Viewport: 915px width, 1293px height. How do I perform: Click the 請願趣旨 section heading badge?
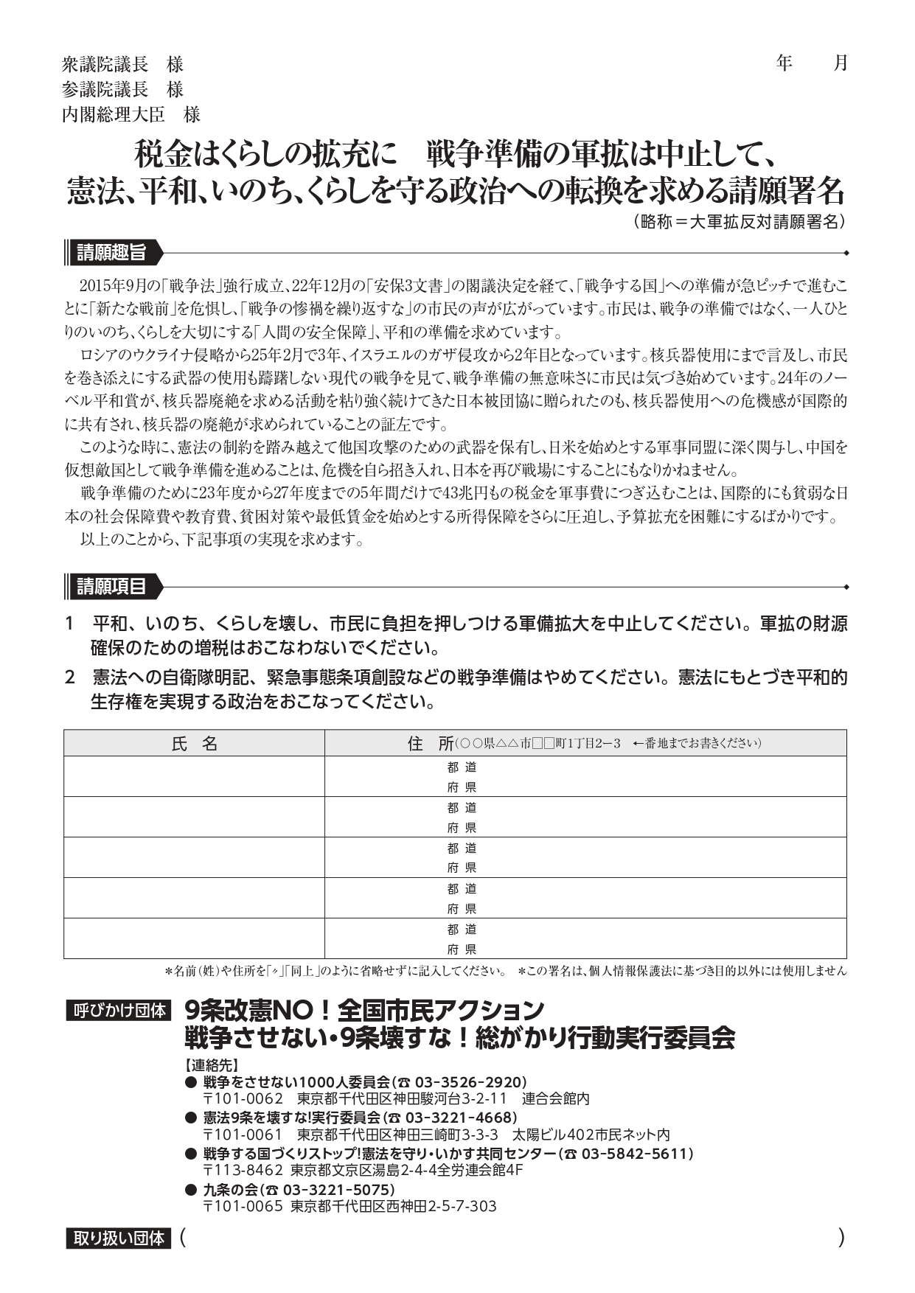tap(111, 253)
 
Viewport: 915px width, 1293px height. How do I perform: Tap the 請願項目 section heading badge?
tap(111, 587)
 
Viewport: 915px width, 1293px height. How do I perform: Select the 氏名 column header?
tap(194, 743)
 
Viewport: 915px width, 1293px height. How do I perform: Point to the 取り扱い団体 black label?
tap(119, 1238)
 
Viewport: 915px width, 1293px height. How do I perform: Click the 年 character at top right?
tap(784, 63)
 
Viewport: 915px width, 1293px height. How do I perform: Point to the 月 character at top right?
tap(841, 63)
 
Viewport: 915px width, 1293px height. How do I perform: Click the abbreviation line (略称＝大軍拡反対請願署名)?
tap(739, 222)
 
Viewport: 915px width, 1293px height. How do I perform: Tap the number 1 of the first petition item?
tap(70, 624)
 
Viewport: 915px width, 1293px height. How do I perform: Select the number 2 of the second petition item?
tap(70, 677)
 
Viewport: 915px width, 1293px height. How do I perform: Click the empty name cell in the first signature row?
tap(194, 776)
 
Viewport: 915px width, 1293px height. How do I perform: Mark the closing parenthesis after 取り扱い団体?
tap(841, 1238)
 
